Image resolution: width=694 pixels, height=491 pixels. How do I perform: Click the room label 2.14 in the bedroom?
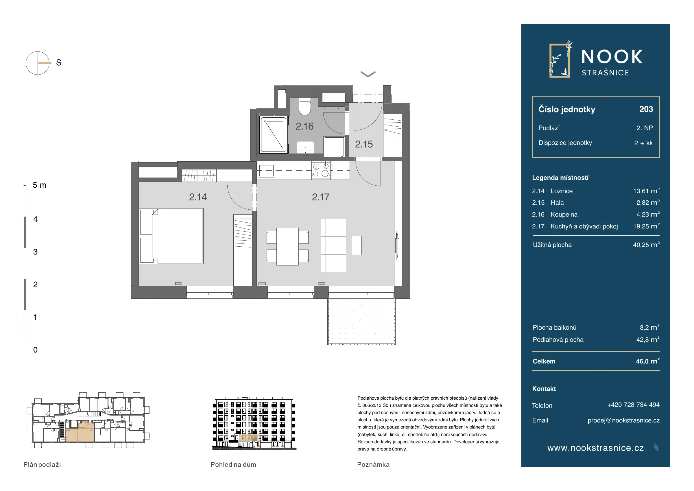(x=198, y=197)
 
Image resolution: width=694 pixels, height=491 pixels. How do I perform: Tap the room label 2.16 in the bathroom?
(x=304, y=126)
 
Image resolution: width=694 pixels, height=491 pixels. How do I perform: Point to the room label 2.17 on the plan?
(x=320, y=197)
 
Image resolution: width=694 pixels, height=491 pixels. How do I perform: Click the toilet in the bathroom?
(x=305, y=106)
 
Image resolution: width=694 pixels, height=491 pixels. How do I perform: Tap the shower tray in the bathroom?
(x=273, y=134)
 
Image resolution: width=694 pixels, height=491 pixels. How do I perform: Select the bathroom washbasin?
(x=306, y=147)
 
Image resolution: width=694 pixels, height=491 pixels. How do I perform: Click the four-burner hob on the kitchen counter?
(x=321, y=170)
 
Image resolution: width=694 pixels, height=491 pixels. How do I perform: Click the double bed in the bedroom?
(x=171, y=236)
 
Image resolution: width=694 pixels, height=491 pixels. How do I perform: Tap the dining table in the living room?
(x=287, y=246)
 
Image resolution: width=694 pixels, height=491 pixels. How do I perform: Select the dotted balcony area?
(x=361, y=321)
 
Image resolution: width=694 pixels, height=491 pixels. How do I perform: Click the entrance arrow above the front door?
(x=368, y=74)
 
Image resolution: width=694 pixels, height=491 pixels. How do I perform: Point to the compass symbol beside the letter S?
(x=38, y=64)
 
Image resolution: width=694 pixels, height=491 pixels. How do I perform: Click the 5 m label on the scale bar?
(x=39, y=185)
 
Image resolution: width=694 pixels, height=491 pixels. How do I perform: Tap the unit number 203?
(x=646, y=109)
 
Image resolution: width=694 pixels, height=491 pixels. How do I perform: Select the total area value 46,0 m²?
(x=648, y=361)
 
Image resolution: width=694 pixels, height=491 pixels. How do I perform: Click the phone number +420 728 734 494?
(x=633, y=405)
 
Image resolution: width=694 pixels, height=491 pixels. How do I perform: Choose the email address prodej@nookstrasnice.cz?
(x=623, y=420)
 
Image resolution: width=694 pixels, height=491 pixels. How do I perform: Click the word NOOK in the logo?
(x=612, y=57)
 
